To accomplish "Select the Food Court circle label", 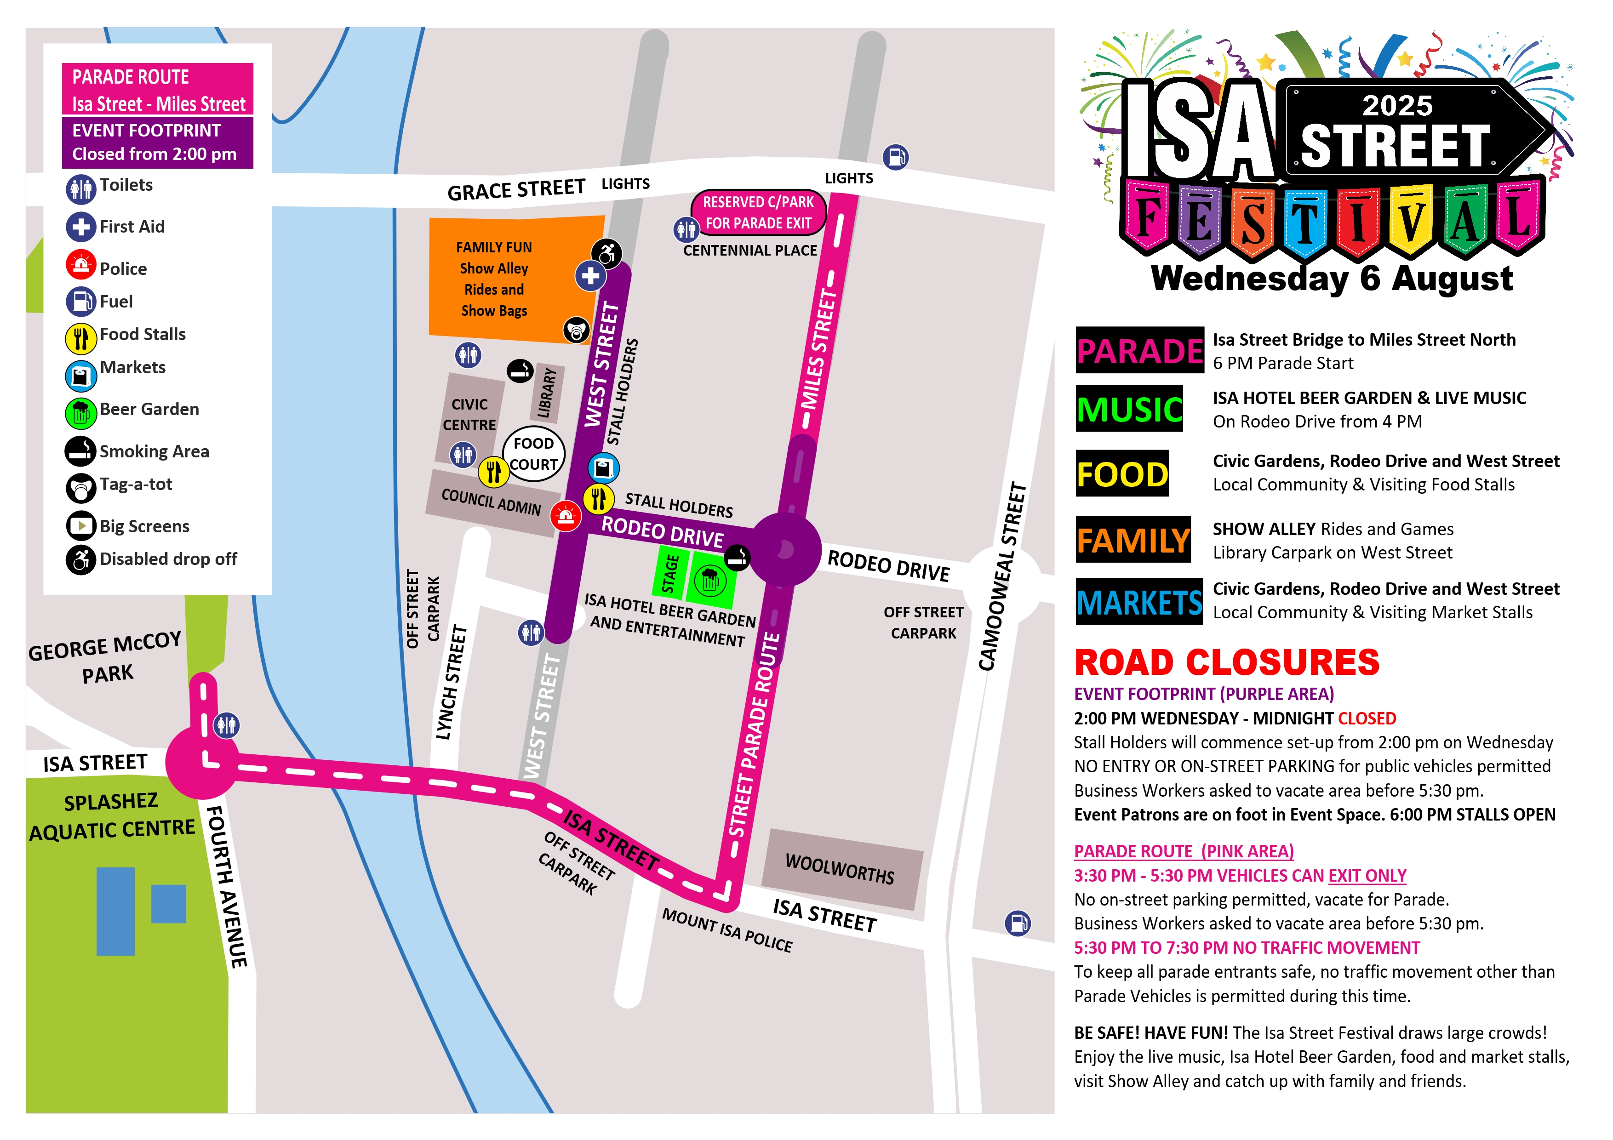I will tap(534, 454).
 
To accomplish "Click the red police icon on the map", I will tap(566, 517).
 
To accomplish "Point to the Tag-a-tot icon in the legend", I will tap(81, 487).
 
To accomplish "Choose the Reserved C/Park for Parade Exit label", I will tap(758, 212).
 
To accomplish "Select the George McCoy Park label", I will tap(105, 657).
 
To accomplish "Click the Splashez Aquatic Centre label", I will tap(112, 816).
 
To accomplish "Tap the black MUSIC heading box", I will tap(1129, 409).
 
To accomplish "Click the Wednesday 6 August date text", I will tap(1331, 278).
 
